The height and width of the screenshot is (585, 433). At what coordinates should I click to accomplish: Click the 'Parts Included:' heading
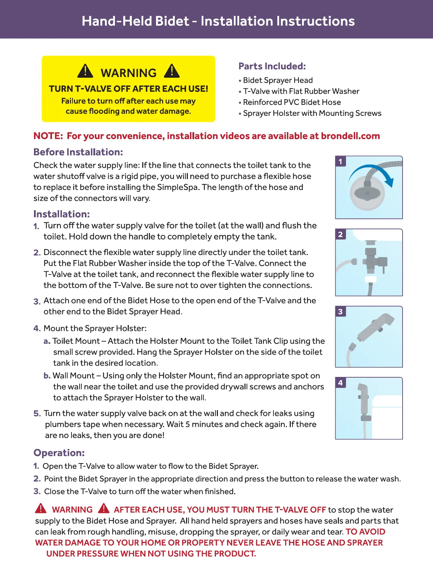click(272, 66)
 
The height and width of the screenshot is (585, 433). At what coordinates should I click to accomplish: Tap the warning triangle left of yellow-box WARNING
click(85, 71)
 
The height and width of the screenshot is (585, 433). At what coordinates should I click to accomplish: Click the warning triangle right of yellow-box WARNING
click(172, 71)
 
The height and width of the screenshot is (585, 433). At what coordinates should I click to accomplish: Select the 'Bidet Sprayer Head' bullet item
click(278, 80)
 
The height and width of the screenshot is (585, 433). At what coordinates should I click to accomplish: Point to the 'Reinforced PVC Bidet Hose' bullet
click(292, 102)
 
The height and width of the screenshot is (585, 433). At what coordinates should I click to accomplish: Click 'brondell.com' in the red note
click(350, 136)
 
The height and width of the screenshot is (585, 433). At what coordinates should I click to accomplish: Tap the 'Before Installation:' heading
click(78, 152)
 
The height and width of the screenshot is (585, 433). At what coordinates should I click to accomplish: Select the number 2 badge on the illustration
click(340, 234)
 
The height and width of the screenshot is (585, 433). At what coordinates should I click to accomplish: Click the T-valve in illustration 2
click(371, 260)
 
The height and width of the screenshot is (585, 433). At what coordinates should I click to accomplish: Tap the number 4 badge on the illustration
click(340, 383)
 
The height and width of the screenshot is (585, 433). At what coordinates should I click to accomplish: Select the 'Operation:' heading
click(59, 453)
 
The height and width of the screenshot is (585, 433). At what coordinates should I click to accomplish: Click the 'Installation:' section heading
click(62, 214)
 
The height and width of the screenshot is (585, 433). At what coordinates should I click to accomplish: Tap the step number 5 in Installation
click(37, 414)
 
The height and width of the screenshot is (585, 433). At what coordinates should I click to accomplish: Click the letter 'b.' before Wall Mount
click(47, 376)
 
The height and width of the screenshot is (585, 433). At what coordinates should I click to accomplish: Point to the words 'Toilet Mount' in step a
click(76, 341)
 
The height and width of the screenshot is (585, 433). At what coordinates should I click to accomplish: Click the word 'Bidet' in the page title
click(172, 21)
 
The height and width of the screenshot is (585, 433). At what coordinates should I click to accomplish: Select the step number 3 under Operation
click(37, 491)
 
